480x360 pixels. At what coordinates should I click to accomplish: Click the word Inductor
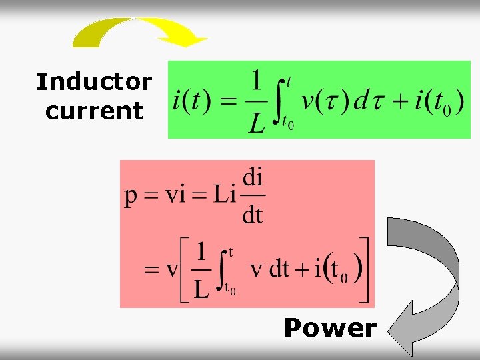(94, 82)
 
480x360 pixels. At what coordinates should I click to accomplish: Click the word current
(94, 111)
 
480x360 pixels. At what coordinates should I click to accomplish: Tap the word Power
(330, 328)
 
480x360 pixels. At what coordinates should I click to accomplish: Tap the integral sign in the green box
(283, 102)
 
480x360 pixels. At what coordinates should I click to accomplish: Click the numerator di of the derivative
(253, 179)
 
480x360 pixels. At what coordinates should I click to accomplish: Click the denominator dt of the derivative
(252, 215)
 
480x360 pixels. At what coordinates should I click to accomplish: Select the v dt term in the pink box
(269, 269)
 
